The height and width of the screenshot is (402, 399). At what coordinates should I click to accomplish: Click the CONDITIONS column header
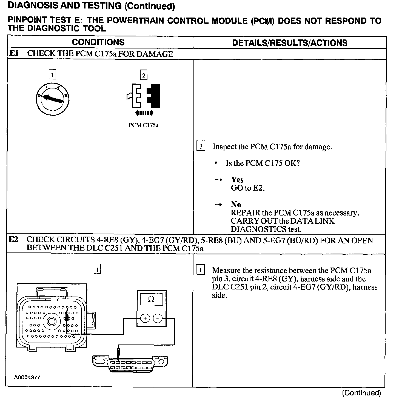tap(98, 42)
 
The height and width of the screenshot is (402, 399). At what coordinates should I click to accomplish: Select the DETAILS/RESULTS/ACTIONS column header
tap(290, 43)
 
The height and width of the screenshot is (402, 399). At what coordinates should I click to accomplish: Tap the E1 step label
tap(14, 53)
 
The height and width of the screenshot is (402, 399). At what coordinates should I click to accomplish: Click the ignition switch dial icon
tap(52, 98)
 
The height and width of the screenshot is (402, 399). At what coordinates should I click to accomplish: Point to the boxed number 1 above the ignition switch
tap(52, 74)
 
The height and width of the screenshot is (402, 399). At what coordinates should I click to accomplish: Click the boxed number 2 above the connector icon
tap(143, 75)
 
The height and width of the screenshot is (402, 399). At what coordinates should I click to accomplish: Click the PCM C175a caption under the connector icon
tap(144, 125)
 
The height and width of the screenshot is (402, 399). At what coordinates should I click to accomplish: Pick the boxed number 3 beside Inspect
tap(201, 147)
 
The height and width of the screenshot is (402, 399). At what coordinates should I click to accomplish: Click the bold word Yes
tap(237, 180)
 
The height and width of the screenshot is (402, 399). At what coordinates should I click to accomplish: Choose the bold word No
tap(236, 204)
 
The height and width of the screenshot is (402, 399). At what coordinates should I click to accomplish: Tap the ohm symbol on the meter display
tap(151, 299)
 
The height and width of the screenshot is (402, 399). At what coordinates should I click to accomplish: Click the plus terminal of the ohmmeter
tap(145, 318)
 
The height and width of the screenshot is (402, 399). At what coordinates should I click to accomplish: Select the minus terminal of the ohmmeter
tap(157, 318)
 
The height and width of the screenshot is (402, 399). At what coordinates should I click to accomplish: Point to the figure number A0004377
tap(27, 377)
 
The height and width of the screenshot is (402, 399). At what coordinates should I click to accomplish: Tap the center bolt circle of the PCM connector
tap(52, 321)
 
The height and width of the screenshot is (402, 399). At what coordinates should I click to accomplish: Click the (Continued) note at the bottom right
tap(361, 393)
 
